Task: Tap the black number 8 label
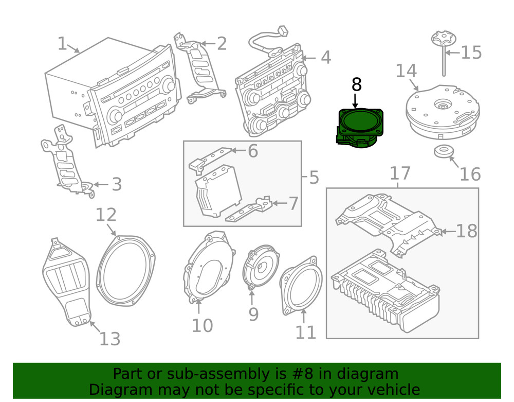(357, 85)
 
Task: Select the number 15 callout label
(470, 53)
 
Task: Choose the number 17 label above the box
(400, 173)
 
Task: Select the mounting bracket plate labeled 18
(391, 221)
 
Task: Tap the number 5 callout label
(314, 178)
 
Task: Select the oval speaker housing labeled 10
(207, 268)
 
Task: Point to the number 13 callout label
(109, 339)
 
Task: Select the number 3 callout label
(117, 184)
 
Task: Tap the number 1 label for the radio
(62, 44)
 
